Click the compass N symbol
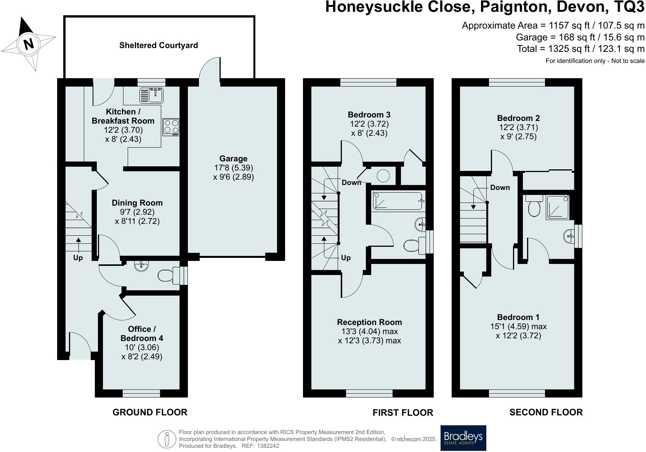pyautogui.click(x=29, y=44)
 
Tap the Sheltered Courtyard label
pyautogui.click(x=159, y=45)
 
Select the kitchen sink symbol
pyautogui.click(x=151, y=95)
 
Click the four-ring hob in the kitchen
pyautogui.click(x=170, y=127)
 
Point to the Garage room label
pyautogui.click(x=233, y=159)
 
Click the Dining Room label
pyautogui.click(x=137, y=203)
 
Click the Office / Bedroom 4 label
pyautogui.click(x=142, y=334)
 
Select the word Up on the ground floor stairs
pyautogui.click(x=78, y=258)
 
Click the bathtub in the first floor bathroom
pyautogui.click(x=398, y=201)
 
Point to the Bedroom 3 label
pyautogui.click(x=369, y=115)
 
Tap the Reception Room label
pyautogui.click(x=369, y=322)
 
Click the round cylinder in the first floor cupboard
pyautogui.click(x=383, y=176)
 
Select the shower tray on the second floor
pyautogui.click(x=559, y=207)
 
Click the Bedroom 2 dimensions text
pyautogui.click(x=518, y=132)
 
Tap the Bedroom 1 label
pyautogui.click(x=518, y=317)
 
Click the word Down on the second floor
pyautogui.click(x=500, y=188)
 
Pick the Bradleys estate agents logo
pyautogui.click(x=463, y=438)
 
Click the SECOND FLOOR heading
pyautogui.click(x=546, y=412)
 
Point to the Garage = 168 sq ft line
pyautogui.click(x=580, y=37)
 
